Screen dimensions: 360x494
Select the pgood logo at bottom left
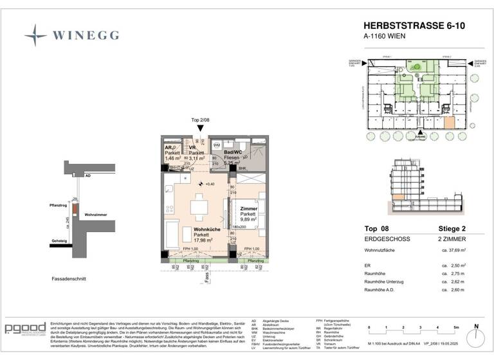pyautogui.click(x=25, y=328)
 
